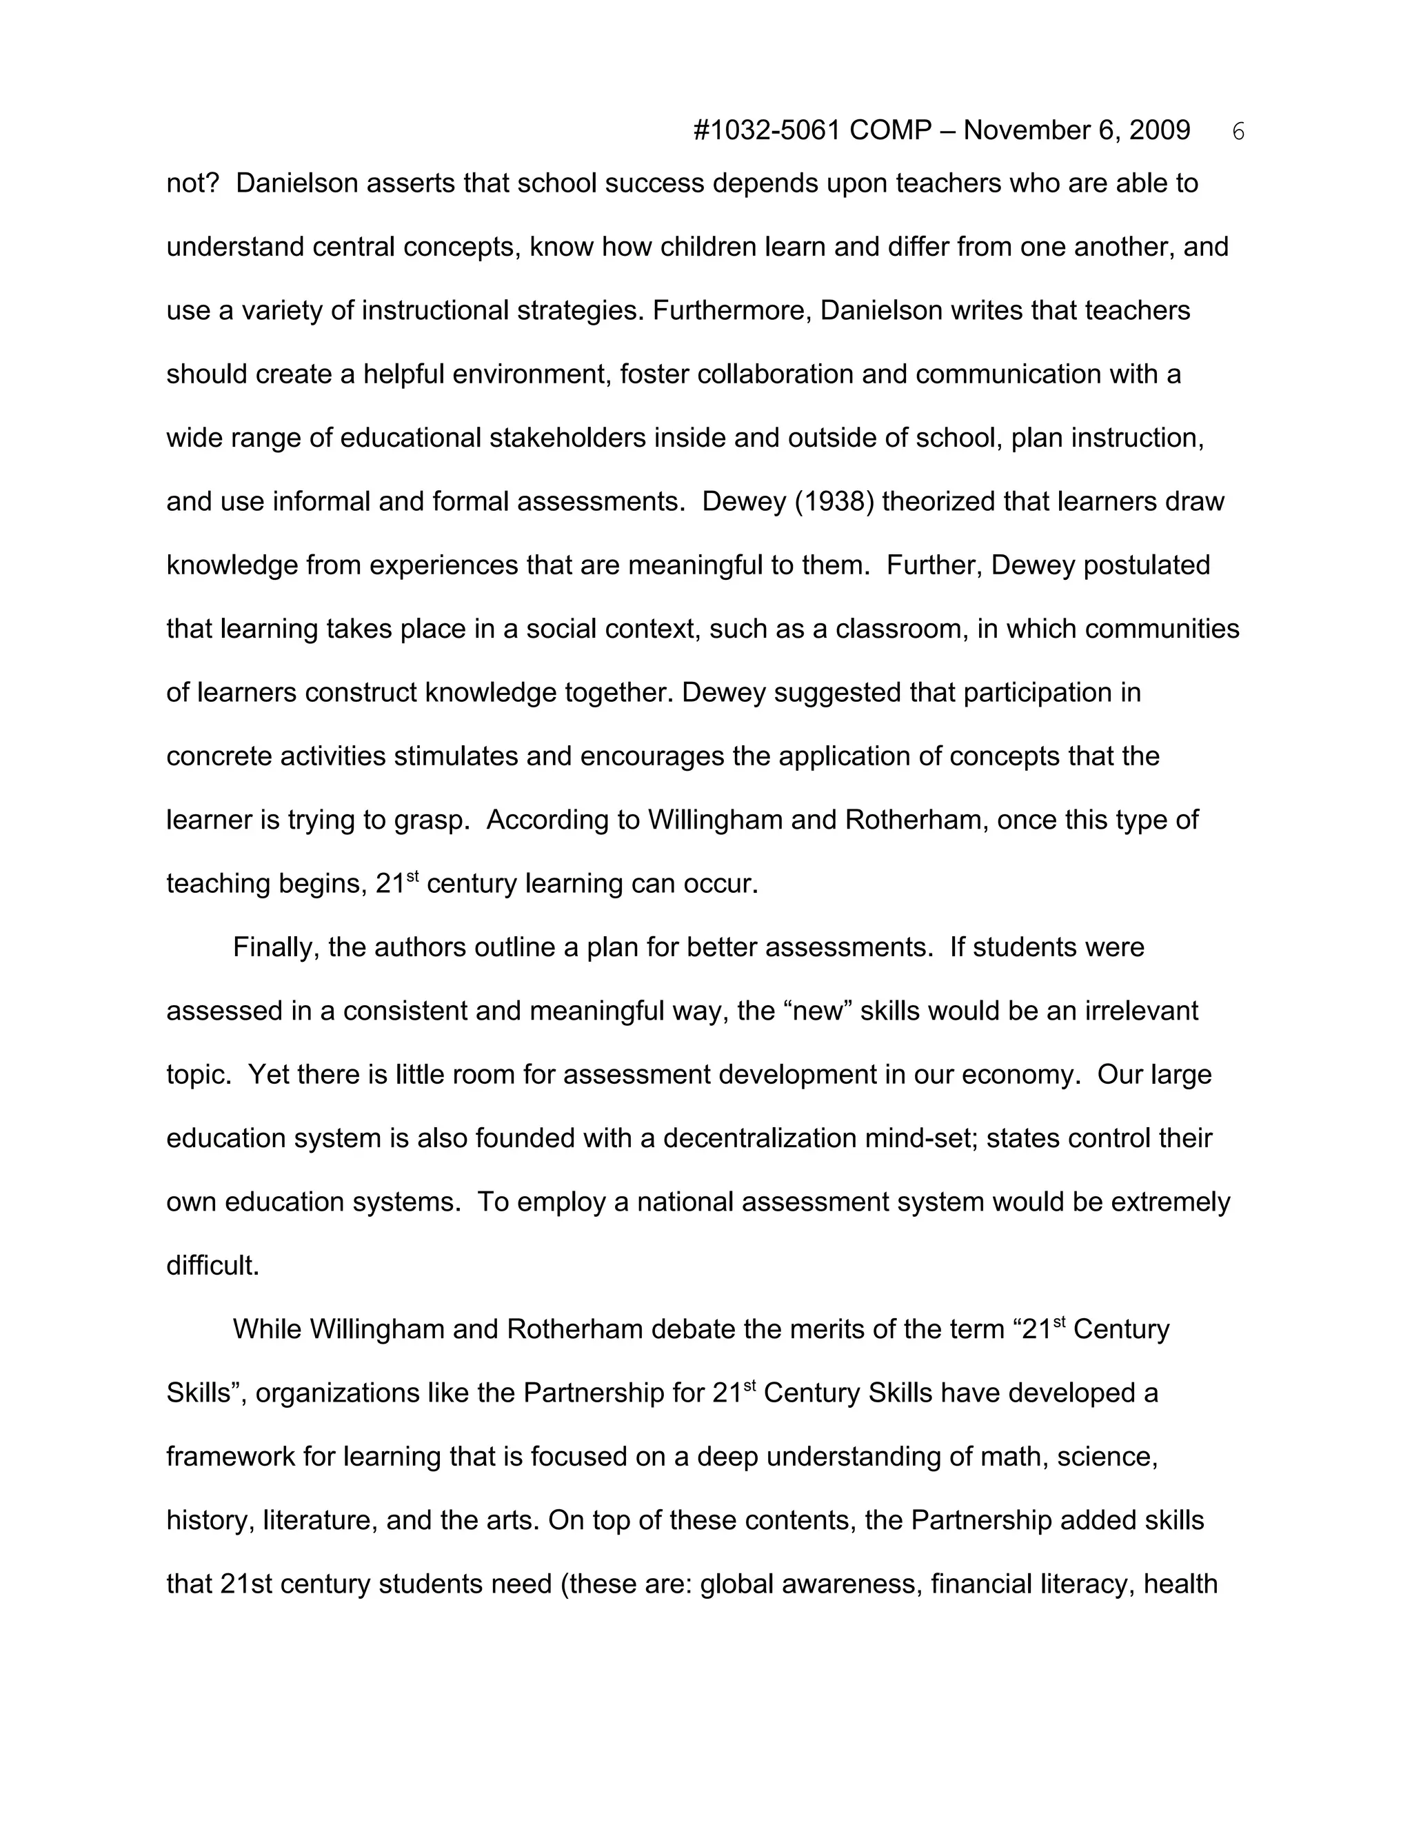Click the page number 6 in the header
click(1239, 132)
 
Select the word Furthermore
click(732, 311)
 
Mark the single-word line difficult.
click(212, 1266)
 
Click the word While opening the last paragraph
click(267, 1329)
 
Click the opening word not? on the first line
click(192, 184)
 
